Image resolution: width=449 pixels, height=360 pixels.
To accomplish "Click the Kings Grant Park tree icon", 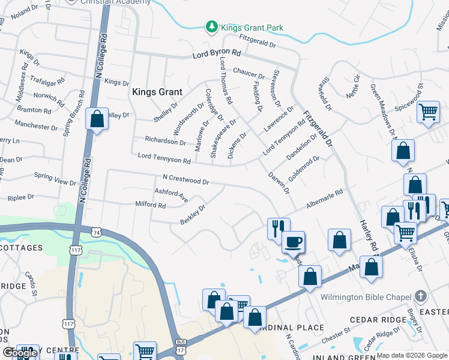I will point(211,27).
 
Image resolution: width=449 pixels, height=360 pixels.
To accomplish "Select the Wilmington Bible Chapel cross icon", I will point(421,296).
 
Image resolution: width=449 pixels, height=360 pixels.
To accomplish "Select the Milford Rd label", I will point(150,205).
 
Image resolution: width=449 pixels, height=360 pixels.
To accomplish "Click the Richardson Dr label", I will point(165,142).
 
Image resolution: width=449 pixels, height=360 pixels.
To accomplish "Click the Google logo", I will point(20,353).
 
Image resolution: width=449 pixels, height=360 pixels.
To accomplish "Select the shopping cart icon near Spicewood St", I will point(428,112).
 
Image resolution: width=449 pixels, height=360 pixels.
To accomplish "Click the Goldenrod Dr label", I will point(304,169).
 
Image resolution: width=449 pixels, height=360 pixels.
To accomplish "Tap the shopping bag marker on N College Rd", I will point(97,119).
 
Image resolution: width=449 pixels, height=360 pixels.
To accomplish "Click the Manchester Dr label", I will point(40,127).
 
